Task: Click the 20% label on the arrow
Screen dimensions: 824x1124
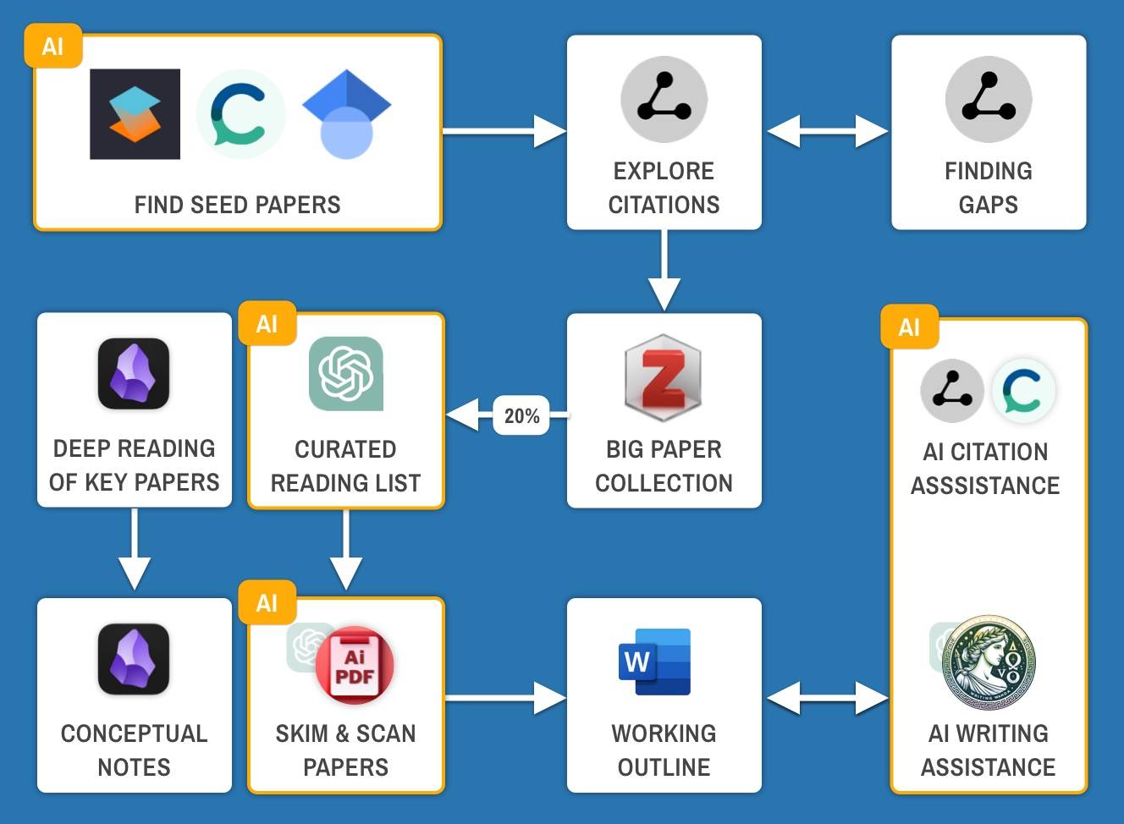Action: [521, 415]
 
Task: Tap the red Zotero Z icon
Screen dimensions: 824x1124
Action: [664, 377]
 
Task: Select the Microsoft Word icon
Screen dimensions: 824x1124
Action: [655, 662]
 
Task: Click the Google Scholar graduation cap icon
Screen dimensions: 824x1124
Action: [346, 113]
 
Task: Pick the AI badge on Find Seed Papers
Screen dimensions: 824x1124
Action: [53, 47]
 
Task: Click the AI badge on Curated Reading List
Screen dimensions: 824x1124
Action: [267, 324]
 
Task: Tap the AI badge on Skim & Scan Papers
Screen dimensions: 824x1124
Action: [267, 602]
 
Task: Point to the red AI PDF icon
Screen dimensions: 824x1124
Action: [355, 665]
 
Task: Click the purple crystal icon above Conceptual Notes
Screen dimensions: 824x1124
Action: [134, 659]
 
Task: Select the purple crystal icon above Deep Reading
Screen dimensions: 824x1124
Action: [134, 373]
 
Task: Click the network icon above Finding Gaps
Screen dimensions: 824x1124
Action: [988, 100]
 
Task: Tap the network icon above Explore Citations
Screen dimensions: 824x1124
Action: [664, 100]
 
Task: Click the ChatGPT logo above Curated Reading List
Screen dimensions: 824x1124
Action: [345, 373]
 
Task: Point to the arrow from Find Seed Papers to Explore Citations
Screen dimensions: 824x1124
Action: [504, 131]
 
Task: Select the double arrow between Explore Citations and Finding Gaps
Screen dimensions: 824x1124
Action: [827, 131]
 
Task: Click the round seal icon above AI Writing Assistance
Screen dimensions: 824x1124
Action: [989, 662]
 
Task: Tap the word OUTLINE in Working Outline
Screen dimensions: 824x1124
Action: [664, 767]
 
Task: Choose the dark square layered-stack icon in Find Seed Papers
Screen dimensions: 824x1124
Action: [135, 114]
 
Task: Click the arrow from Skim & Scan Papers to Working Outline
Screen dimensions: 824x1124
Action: [504, 698]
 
